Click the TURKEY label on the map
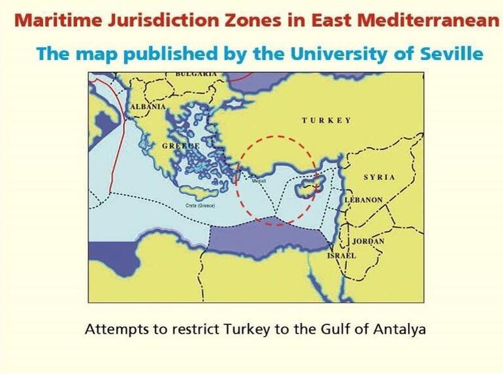[x=326, y=121]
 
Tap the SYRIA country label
[x=379, y=178]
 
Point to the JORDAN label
[x=368, y=241]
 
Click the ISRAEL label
[x=341, y=256]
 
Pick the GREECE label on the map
[x=180, y=146]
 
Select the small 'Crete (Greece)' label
[x=201, y=206]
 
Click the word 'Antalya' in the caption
[x=399, y=329]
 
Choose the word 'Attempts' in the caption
[x=112, y=329]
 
